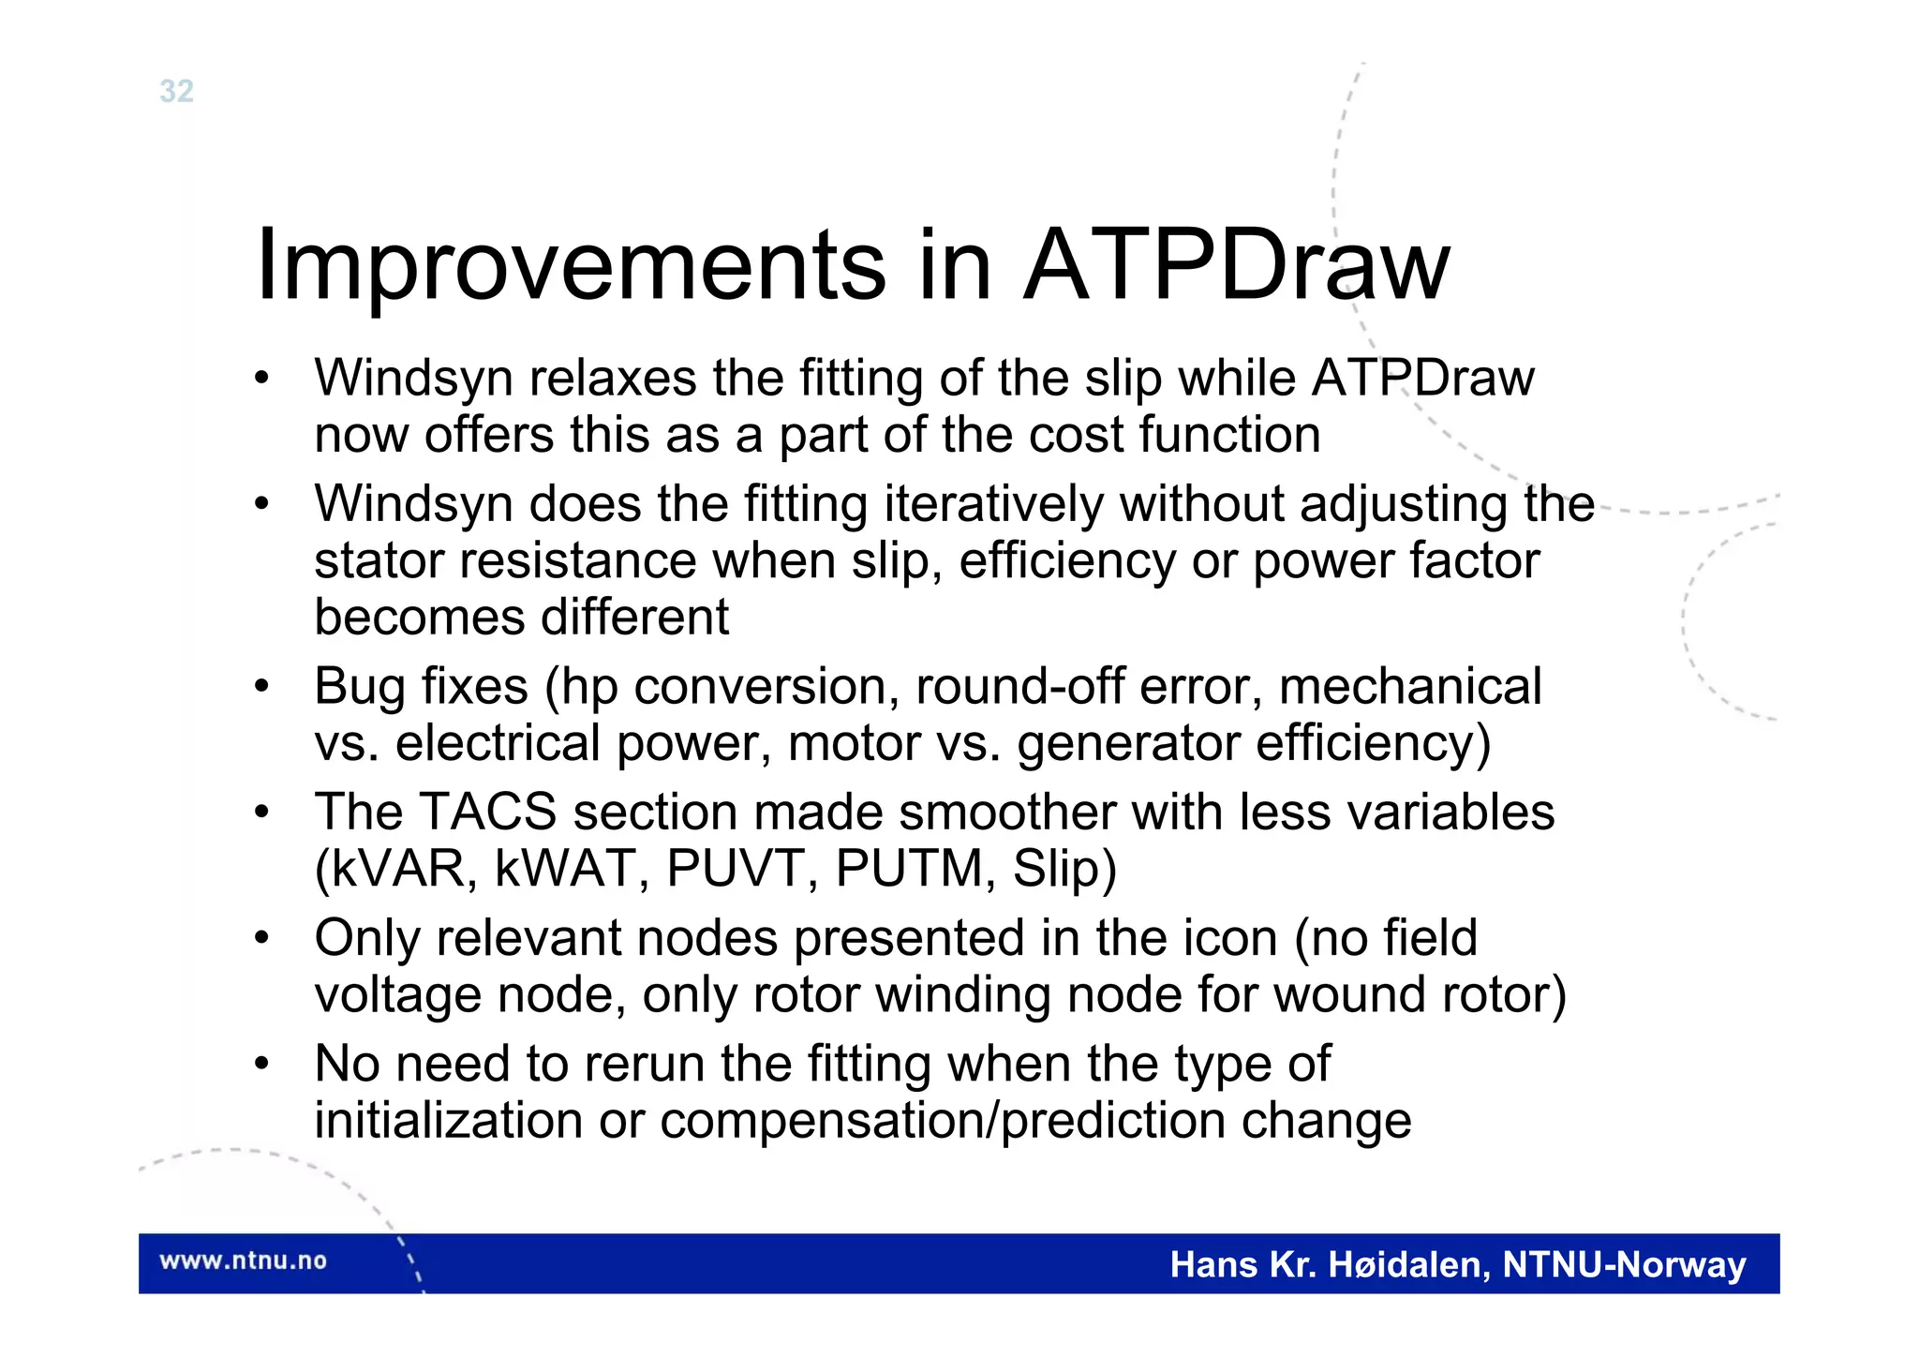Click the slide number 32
pyautogui.click(x=176, y=91)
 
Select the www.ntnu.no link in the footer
pyautogui.click(x=243, y=1260)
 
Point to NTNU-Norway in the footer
pyautogui.click(x=1624, y=1265)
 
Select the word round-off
pyautogui.click(x=1019, y=686)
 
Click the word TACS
pyautogui.click(x=486, y=812)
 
